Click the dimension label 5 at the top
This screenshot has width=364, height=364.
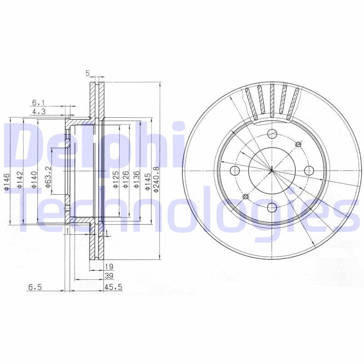(87, 73)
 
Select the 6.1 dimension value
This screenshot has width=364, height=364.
(38, 102)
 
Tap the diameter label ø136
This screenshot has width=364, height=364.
(136, 179)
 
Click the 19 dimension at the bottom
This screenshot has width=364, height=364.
(109, 267)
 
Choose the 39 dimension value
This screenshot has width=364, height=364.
(109, 276)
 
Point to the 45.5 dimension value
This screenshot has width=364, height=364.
(111, 287)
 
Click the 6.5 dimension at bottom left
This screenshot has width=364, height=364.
(35, 287)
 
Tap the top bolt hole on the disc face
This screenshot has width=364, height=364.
(272, 134)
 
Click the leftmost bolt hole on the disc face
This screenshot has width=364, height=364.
(235, 171)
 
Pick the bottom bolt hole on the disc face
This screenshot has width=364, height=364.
(272, 207)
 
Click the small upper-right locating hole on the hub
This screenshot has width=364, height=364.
(298, 145)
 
